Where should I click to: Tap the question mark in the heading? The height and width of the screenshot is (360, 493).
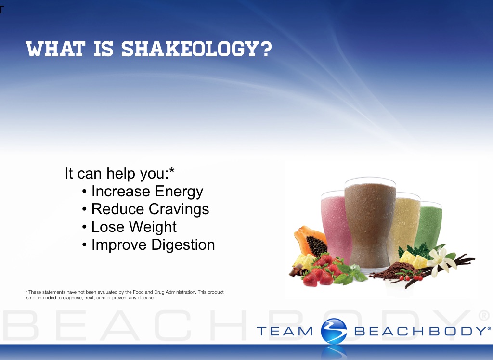coord(266,49)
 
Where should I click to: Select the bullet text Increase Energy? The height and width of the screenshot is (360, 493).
coord(147,192)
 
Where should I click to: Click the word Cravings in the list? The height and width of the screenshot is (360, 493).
coord(179,209)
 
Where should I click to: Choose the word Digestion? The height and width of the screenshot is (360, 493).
coord(183,244)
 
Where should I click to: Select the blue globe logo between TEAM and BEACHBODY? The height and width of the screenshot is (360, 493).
coord(334,331)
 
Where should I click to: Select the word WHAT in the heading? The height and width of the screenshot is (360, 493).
coord(55,49)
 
